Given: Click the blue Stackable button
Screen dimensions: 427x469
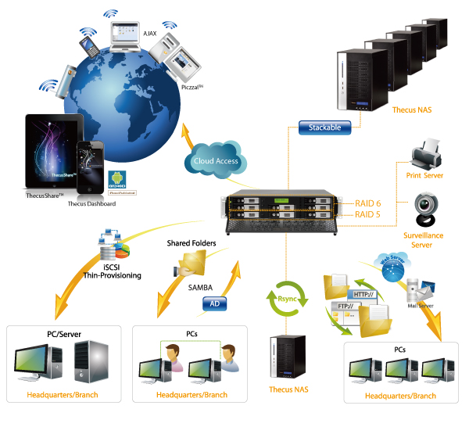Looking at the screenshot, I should coord(324,127).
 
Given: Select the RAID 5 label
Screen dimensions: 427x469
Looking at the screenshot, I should coord(368,214).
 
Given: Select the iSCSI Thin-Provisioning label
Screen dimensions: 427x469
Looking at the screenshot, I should coord(109,268).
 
